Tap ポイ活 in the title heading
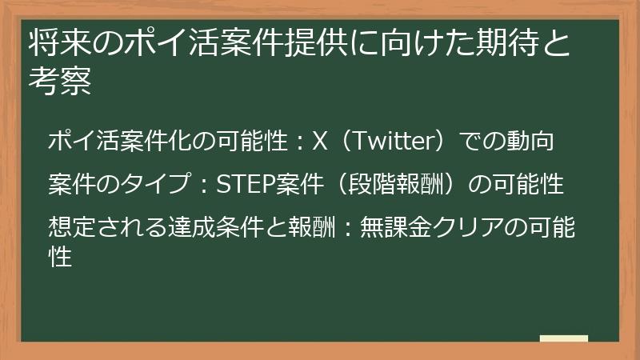[x=141, y=44]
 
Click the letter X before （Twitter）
[x=320, y=142]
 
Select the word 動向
[x=531, y=142]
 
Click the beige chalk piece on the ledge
[x=563, y=338]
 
